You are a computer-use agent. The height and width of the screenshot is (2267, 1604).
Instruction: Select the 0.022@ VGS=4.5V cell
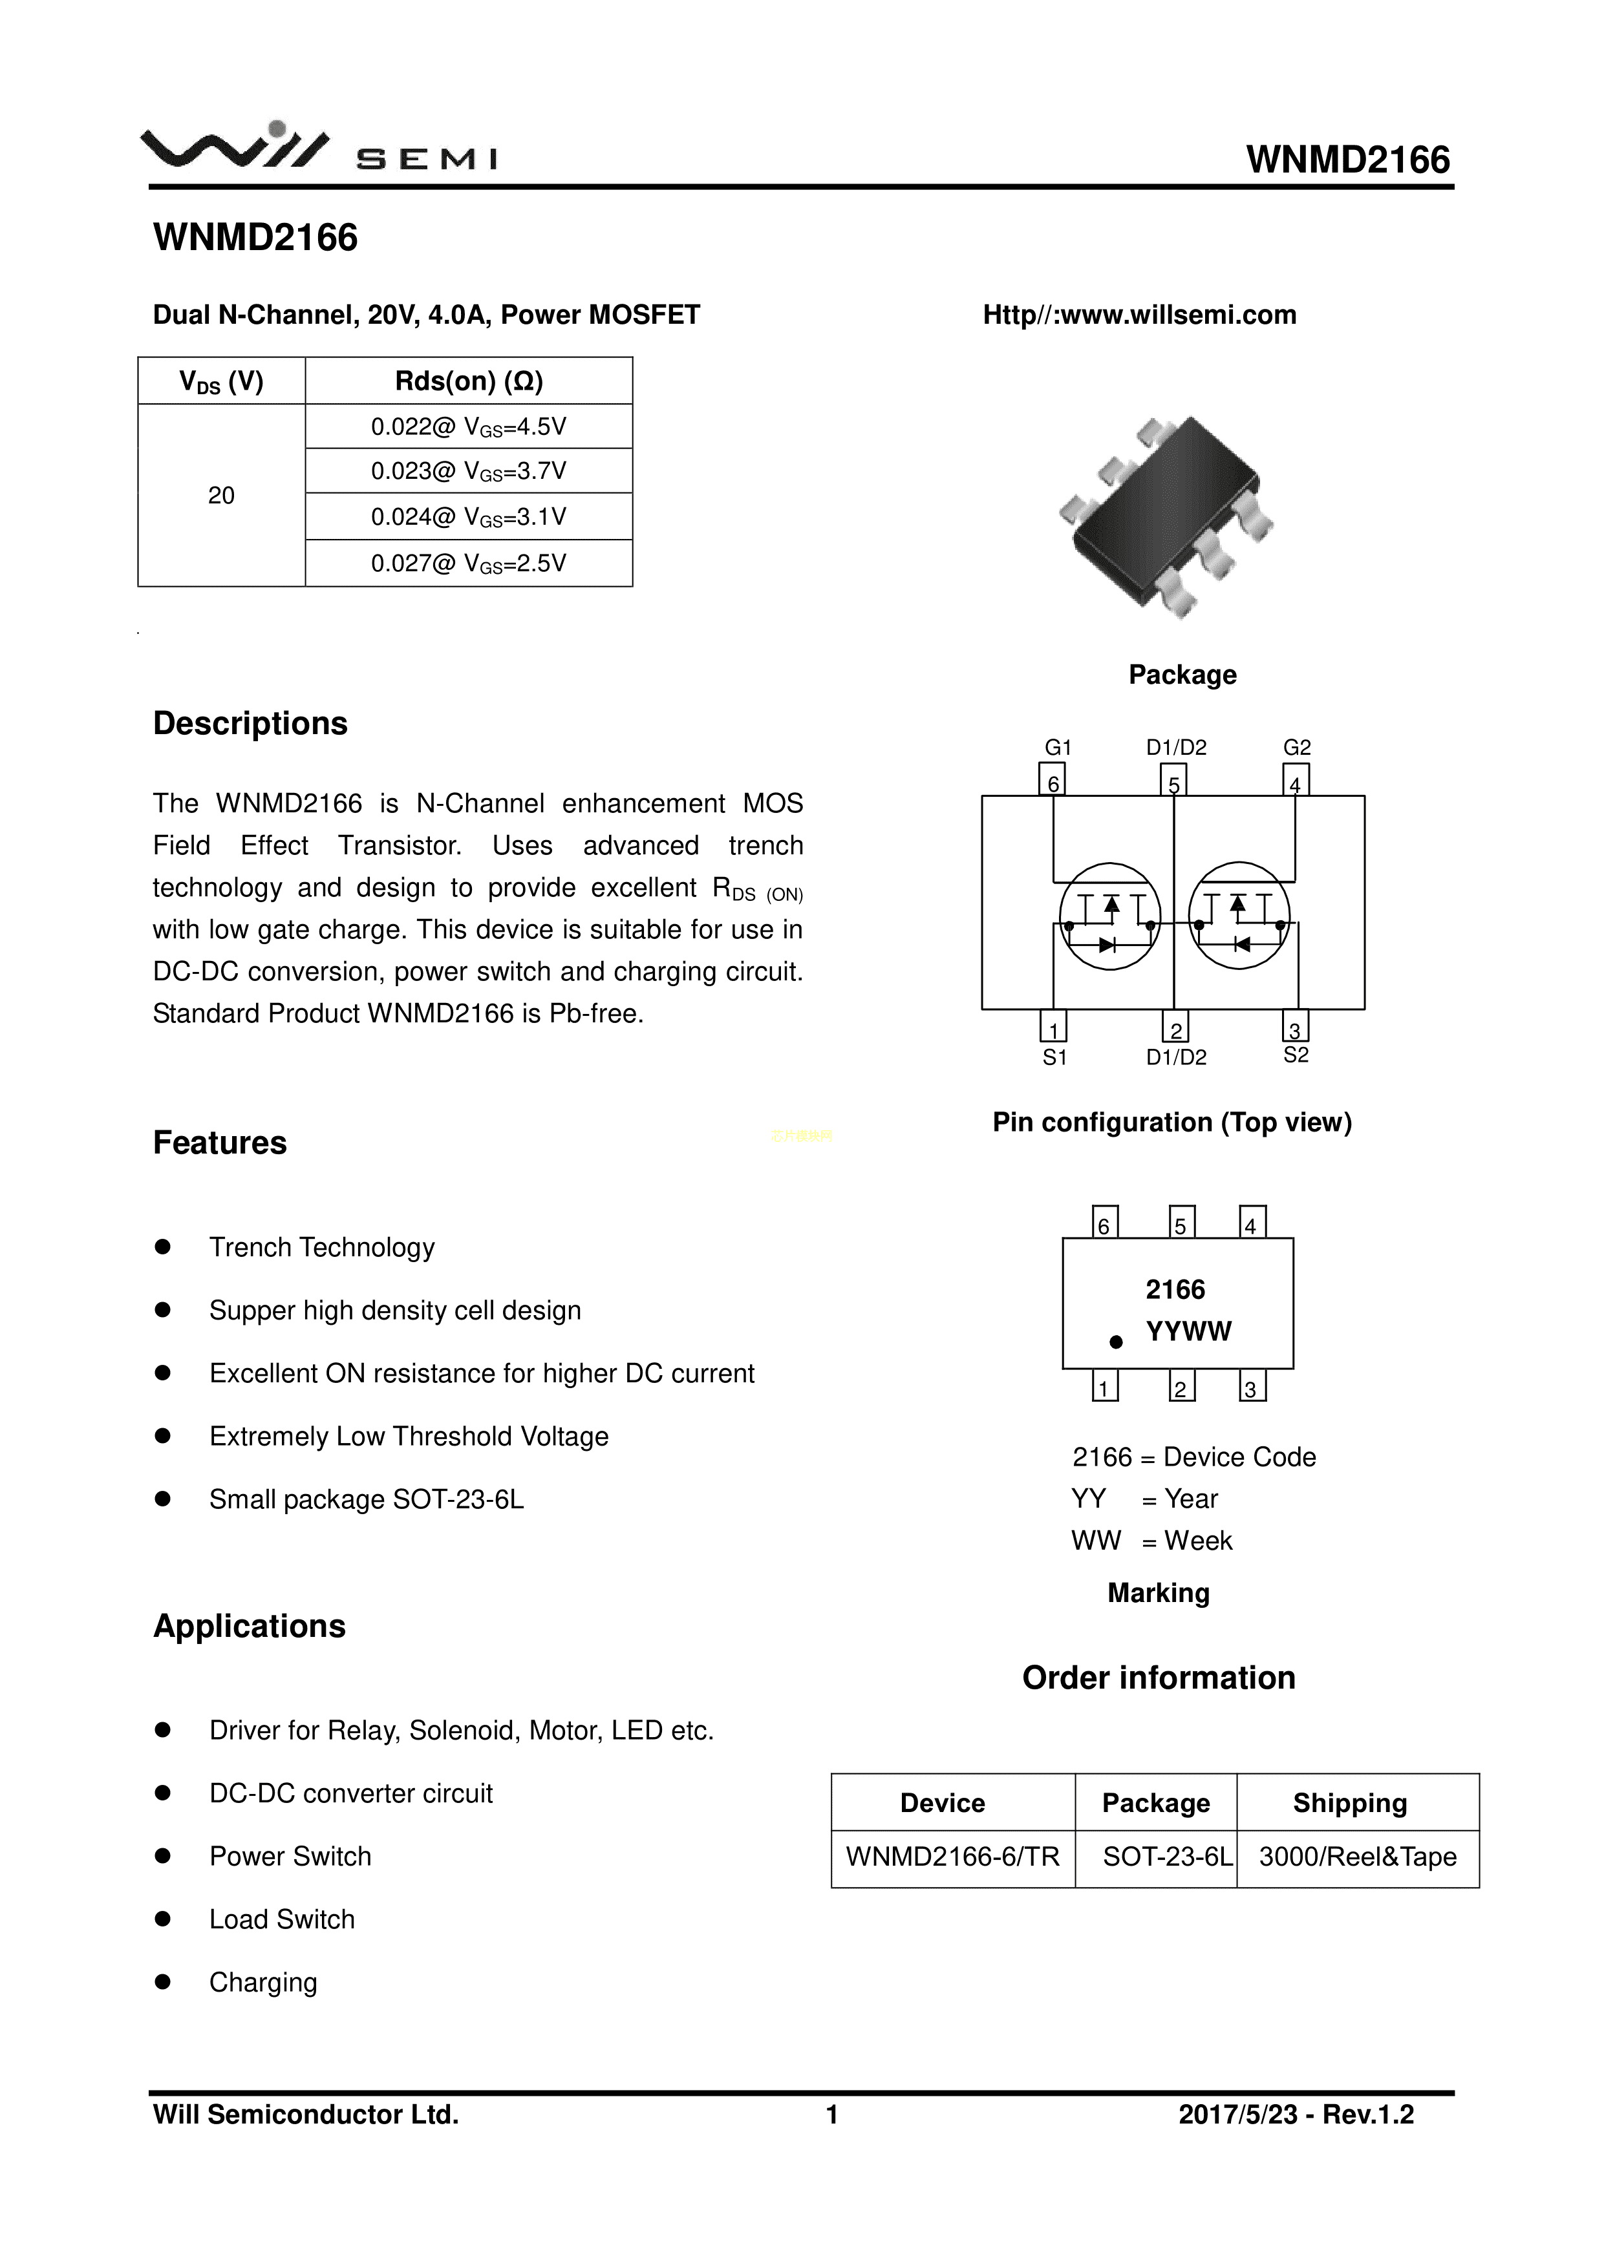click(468, 427)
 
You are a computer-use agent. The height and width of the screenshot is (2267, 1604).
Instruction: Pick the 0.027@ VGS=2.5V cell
click(468, 563)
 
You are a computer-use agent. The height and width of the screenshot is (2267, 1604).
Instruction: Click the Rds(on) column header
click(468, 381)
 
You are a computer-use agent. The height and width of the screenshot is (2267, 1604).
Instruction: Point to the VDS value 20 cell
click(221, 494)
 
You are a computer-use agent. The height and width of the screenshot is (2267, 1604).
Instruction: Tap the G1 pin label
click(1057, 748)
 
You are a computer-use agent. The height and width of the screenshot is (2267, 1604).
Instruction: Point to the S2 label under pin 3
click(1295, 1055)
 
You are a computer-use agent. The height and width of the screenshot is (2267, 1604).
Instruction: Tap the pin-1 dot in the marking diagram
click(1116, 1342)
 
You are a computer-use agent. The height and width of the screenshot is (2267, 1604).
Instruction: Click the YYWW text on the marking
click(1188, 1332)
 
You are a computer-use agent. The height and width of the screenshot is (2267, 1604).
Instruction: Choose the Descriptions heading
click(250, 724)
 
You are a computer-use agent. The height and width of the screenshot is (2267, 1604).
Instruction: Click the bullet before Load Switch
click(163, 1919)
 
